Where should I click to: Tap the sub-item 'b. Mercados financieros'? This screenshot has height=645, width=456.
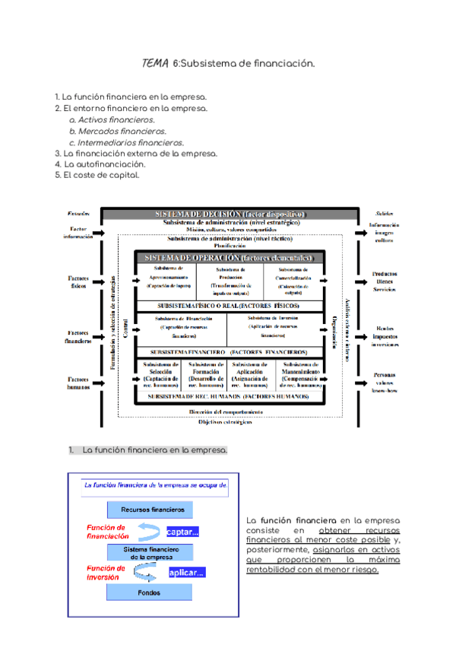(x=117, y=131)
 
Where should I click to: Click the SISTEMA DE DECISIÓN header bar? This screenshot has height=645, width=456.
(x=229, y=214)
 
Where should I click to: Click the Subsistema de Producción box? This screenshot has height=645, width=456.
(x=229, y=281)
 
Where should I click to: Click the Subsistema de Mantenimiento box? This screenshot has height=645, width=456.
(x=300, y=375)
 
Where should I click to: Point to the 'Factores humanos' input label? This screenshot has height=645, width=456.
(x=78, y=383)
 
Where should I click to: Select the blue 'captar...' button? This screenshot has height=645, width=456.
(x=182, y=532)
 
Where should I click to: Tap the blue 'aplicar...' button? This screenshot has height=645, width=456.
(x=185, y=573)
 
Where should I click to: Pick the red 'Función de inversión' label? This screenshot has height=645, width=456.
(x=106, y=572)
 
